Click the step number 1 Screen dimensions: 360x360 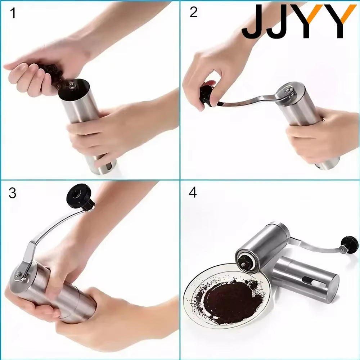click(x=13, y=14)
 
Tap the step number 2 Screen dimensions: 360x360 click(x=193, y=13)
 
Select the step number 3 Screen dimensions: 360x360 click(x=13, y=193)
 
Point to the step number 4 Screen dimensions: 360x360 click(x=193, y=193)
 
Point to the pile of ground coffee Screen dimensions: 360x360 click(x=227, y=295)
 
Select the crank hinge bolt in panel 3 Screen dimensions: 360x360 click(x=19, y=275)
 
